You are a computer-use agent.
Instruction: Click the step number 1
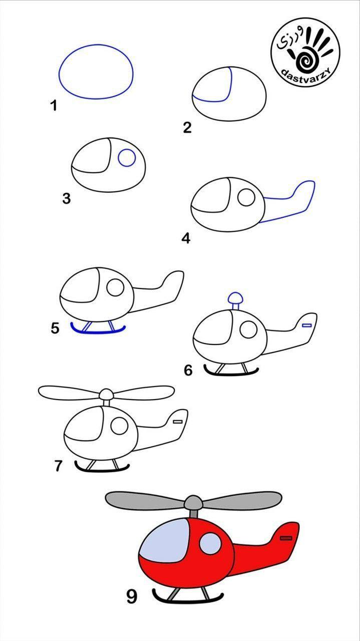coord(54,105)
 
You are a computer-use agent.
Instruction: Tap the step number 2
coord(187,127)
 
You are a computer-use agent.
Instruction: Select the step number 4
coord(186,238)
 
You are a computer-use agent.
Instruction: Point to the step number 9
coord(132,596)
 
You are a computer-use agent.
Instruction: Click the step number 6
coord(188,370)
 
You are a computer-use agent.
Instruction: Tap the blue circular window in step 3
coord(127,158)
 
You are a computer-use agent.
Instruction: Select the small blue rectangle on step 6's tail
coord(307,325)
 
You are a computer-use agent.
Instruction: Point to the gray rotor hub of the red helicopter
coord(194,502)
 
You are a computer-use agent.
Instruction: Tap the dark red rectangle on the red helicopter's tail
coord(286,538)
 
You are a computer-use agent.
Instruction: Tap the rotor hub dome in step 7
coord(106,394)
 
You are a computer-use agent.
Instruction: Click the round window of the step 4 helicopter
coord(246,197)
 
